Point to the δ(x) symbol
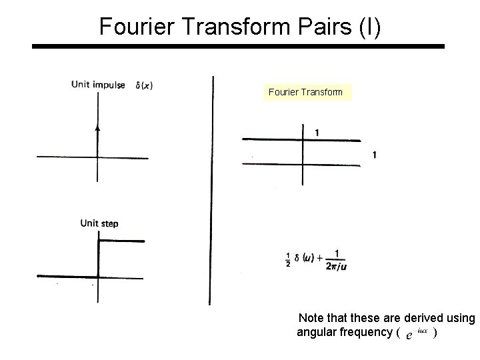coord(143,85)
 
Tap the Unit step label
coord(99,223)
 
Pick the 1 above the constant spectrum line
coord(317,133)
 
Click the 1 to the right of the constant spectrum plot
coord(375,155)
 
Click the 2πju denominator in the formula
coord(336,266)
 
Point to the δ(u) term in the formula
coord(306,258)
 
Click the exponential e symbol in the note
coord(408,333)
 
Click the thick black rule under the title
coord(239,47)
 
